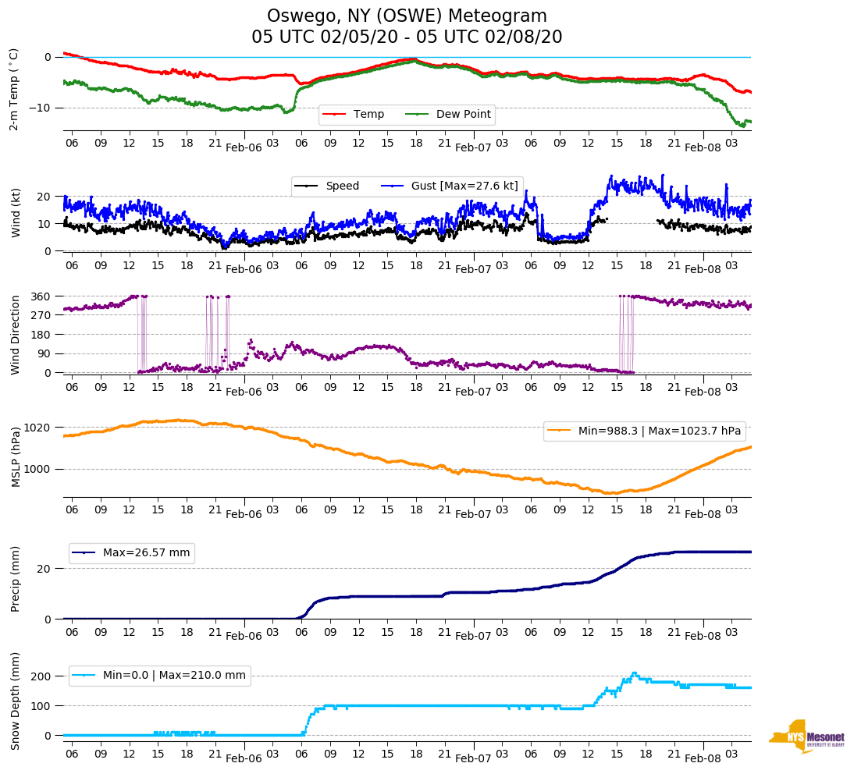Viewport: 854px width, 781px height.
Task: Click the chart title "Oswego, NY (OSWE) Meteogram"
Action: (407, 16)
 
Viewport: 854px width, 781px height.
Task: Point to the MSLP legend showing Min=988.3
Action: (644, 431)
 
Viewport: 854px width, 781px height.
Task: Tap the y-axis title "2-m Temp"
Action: (13, 88)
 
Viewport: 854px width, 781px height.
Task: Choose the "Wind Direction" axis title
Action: (16, 334)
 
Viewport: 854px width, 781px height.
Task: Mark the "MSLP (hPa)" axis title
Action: (16, 456)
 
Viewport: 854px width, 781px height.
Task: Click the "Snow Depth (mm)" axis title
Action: (16, 701)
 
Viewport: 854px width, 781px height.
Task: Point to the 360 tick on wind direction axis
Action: (41, 296)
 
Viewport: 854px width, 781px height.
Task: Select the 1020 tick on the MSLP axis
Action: (38, 428)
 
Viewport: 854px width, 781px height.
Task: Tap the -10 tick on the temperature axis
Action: (41, 108)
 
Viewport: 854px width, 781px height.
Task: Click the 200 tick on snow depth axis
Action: (41, 676)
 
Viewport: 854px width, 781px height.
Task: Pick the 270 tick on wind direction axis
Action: (41, 315)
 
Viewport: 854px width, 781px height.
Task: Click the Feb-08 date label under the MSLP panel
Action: (703, 513)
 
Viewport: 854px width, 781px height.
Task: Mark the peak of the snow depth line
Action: (634, 673)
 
